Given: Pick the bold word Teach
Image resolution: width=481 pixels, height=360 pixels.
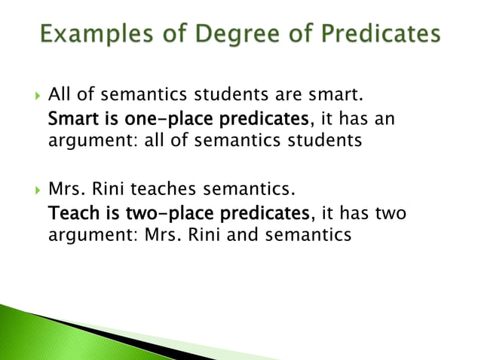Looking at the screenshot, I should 69,214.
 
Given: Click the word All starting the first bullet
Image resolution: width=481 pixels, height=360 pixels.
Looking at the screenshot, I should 59,96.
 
